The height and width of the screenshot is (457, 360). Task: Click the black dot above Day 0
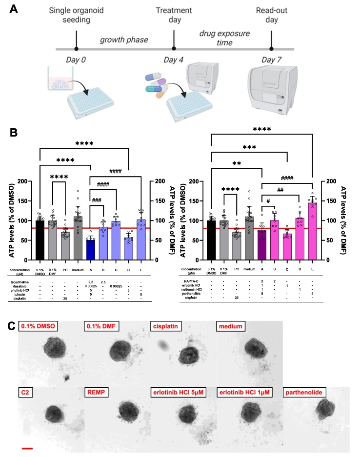[77, 49]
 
